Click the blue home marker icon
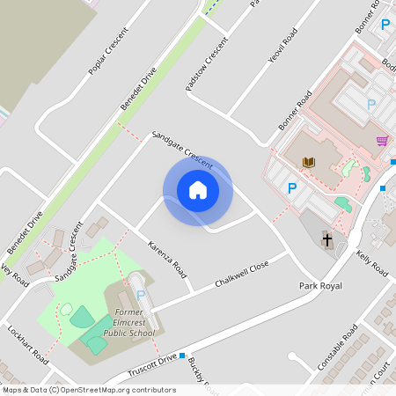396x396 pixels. (198, 190)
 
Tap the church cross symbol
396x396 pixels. (326, 238)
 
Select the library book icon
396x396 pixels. (308, 163)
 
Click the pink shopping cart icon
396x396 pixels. (382, 141)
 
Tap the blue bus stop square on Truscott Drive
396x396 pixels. (182, 356)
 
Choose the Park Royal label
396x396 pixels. (319, 286)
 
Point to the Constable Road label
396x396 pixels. (338, 346)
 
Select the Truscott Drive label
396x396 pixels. (152, 362)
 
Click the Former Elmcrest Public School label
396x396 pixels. (128, 324)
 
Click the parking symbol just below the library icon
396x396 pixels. (292, 187)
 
